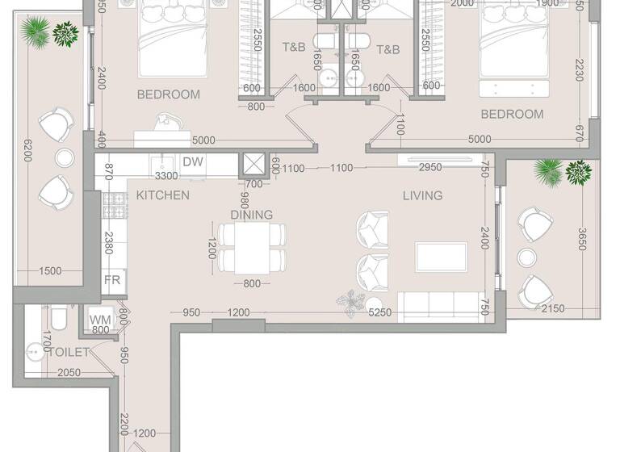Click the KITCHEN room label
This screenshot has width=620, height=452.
click(x=162, y=195)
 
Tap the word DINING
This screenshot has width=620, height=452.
click(x=251, y=215)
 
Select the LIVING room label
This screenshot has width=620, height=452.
click(x=423, y=195)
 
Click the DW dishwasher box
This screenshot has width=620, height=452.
click(x=193, y=162)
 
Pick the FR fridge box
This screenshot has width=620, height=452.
click(x=112, y=282)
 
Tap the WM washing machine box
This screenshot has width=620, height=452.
click(x=100, y=320)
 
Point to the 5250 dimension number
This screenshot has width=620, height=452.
click(x=380, y=313)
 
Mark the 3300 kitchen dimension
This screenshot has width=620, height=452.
click(x=166, y=175)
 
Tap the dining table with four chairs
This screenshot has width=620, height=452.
click(x=252, y=247)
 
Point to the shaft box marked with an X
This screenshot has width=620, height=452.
click(x=253, y=164)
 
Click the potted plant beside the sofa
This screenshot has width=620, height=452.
click(x=350, y=299)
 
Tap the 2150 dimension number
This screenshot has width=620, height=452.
click(x=552, y=309)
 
